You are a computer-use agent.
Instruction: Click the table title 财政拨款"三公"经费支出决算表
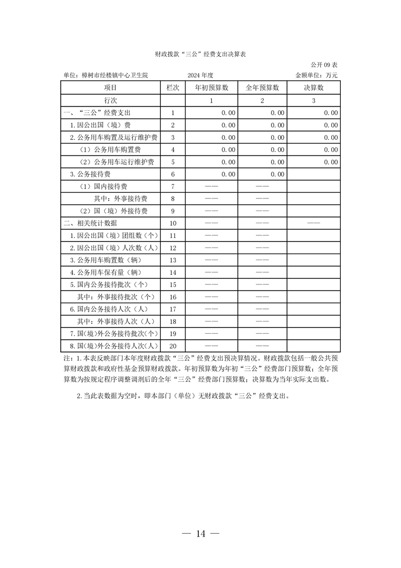click(x=200, y=54)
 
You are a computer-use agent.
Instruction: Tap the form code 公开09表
click(x=324, y=65)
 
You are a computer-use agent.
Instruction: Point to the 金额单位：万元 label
click(x=317, y=75)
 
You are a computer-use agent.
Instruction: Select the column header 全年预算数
click(x=262, y=88)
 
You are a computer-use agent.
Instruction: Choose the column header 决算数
click(x=314, y=88)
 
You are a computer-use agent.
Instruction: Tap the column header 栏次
click(x=173, y=88)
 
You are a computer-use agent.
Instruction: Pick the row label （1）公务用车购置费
click(x=110, y=150)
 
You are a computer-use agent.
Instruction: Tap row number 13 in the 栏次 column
click(x=173, y=260)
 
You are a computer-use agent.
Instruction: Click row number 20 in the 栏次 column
click(x=173, y=346)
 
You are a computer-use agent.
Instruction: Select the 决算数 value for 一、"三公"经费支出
click(x=331, y=113)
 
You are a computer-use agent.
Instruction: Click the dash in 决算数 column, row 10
click(x=314, y=223)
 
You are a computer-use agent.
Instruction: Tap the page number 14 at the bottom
click(x=200, y=533)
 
